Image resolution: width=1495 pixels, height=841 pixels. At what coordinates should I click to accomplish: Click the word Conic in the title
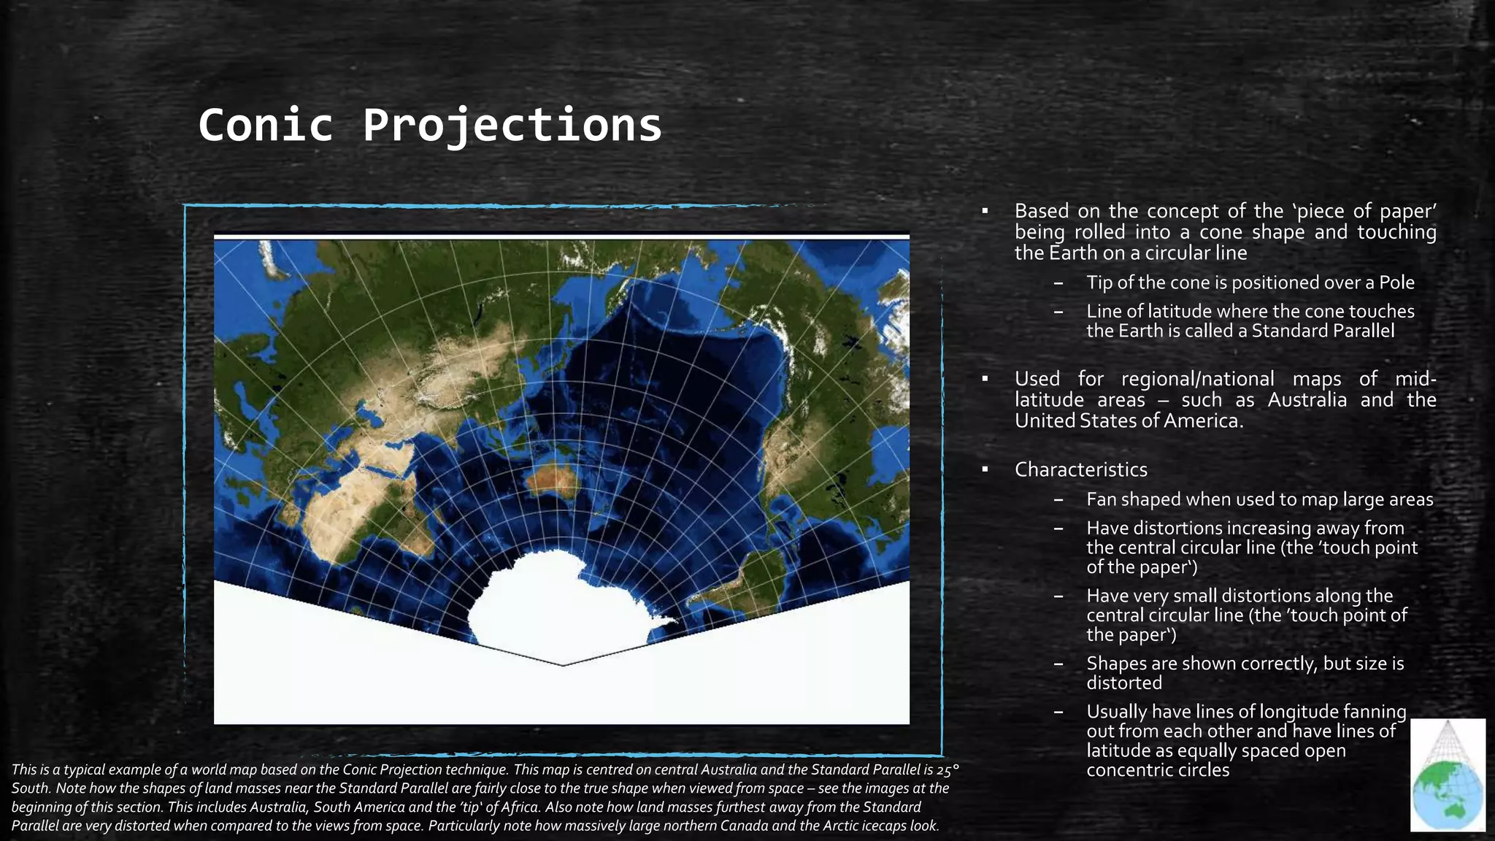pyautogui.click(x=266, y=125)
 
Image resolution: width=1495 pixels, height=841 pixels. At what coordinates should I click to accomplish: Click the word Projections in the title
pyautogui.click(x=512, y=125)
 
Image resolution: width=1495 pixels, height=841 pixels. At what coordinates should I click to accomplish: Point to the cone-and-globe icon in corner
pyautogui.click(x=1448, y=775)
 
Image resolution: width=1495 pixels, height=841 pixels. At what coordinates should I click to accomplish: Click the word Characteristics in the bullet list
pyautogui.click(x=1080, y=469)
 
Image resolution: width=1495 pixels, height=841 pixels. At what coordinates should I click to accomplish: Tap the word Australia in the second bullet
pyautogui.click(x=1307, y=400)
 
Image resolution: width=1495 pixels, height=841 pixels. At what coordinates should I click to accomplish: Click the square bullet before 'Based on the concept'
pyautogui.click(x=985, y=212)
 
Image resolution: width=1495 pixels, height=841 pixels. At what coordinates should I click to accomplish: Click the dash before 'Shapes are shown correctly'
pyautogui.click(x=1058, y=664)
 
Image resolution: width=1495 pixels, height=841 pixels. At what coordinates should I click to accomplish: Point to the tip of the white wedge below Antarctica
pyautogui.click(x=563, y=664)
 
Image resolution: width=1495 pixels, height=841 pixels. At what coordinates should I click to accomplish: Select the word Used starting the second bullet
pyautogui.click(x=1037, y=379)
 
